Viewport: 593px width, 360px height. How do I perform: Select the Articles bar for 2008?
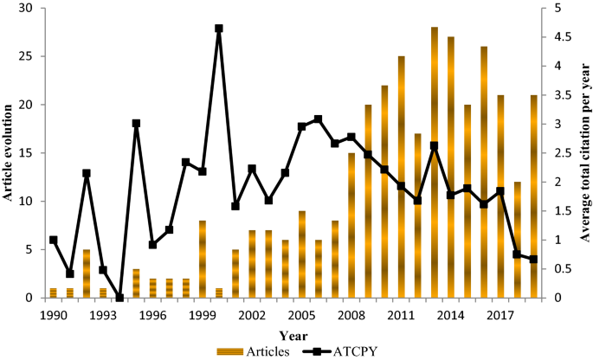tap(351, 225)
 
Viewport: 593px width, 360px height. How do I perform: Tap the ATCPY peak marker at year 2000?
tap(219, 29)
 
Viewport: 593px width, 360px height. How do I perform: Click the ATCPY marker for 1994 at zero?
tap(119, 298)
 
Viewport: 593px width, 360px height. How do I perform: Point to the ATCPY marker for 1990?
tap(54, 240)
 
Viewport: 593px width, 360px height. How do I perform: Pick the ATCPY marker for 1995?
tap(136, 123)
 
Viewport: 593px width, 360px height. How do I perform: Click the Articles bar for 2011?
tap(402, 177)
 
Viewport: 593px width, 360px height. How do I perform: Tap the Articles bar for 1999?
tap(203, 259)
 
